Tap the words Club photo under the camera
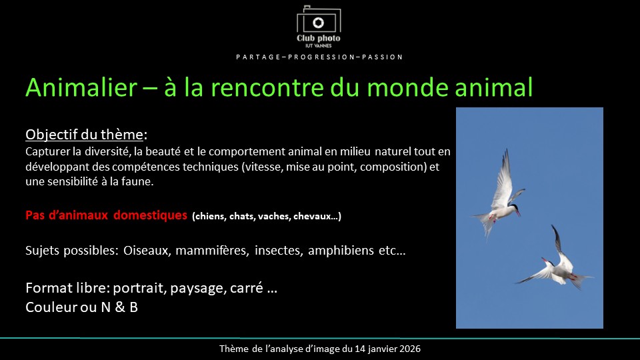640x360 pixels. (319, 38)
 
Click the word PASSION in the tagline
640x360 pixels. (383, 57)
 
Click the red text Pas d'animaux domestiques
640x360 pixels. (107, 215)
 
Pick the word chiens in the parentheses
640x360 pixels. (213, 216)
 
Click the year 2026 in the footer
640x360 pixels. (408, 349)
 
